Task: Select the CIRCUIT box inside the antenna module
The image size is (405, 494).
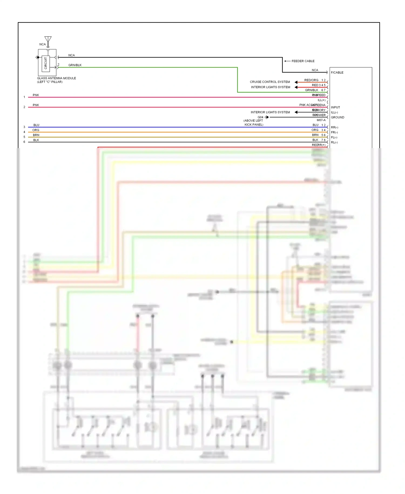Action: click(46, 63)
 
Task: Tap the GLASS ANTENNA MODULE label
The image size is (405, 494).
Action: click(56, 78)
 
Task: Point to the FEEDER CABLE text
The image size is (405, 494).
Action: click(303, 61)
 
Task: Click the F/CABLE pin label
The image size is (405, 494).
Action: click(337, 72)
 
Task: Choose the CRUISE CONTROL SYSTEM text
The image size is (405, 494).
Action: click(270, 82)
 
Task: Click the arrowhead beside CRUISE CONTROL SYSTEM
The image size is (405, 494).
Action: click(296, 82)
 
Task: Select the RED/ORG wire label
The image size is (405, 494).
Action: click(311, 80)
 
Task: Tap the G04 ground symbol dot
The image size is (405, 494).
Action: click(267, 117)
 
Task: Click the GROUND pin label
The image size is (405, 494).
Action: click(337, 117)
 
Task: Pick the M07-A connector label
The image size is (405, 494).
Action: click(321, 120)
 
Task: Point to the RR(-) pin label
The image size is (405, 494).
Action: click(334, 127)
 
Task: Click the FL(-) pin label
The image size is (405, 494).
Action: click(334, 137)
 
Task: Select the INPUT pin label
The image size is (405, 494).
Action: click(335, 107)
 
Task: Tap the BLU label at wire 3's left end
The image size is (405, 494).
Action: click(36, 125)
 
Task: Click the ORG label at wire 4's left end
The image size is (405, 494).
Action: click(36, 130)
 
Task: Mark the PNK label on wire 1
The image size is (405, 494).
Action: click(36, 95)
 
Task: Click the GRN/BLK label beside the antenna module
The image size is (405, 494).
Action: click(75, 65)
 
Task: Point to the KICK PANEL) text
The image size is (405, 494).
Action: click(254, 125)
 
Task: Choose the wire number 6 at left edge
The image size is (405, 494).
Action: click(24, 142)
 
